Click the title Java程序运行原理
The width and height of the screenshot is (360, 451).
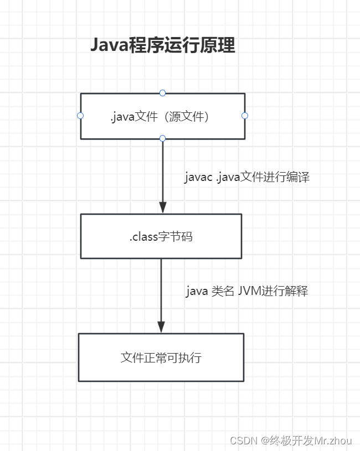pyautogui.click(x=163, y=45)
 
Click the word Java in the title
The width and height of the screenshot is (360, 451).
pyautogui.click(x=109, y=45)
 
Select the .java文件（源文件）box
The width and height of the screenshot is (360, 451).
pyautogui.click(x=162, y=127)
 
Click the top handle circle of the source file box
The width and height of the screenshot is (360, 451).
pyautogui.click(x=162, y=93)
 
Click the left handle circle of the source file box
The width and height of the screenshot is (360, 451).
pyautogui.click(x=80, y=116)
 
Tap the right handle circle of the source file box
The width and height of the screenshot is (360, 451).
pyautogui.click(x=245, y=116)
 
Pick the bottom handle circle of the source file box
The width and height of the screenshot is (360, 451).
pyautogui.click(x=162, y=138)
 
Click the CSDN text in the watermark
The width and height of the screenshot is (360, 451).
pyautogui.click(x=241, y=440)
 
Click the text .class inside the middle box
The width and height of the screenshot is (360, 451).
pyautogui.click(x=143, y=237)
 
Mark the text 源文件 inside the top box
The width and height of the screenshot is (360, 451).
pyautogui.click(x=188, y=117)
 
